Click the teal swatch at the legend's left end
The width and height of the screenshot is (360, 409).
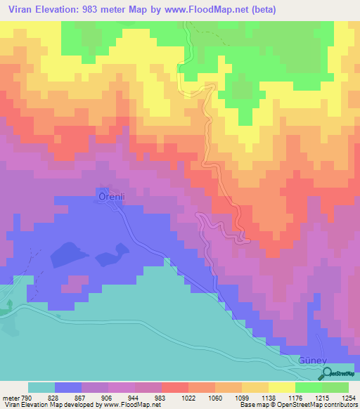pyautogui.click(x=41, y=387)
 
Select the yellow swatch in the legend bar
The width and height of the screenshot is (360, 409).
pyautogui.click(x=281, y=387)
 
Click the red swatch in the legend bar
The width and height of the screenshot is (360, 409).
pyautogui.click(x=175, y=387)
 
